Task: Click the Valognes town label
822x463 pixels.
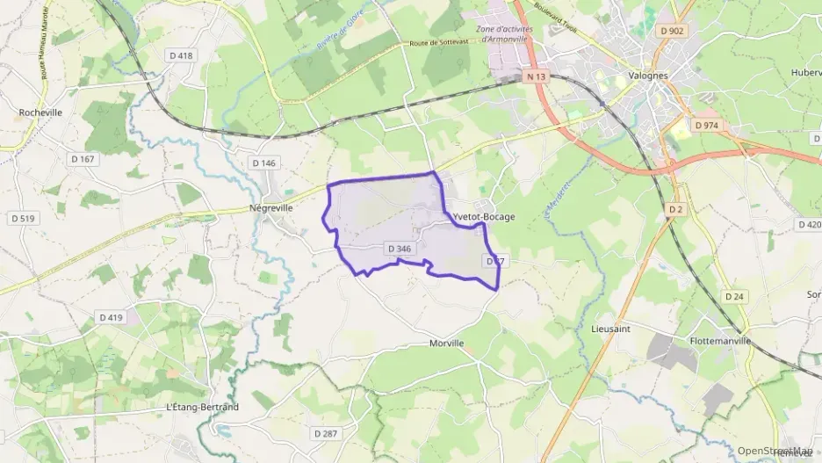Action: [649, 76]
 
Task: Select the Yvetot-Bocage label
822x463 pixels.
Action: [483, 217]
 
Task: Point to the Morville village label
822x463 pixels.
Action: [447, 344]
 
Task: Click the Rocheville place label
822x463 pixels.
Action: [40, 112]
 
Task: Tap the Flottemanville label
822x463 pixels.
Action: [721, 340]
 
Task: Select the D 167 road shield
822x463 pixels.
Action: [81, 159]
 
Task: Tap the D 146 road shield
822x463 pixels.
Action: [263, 163]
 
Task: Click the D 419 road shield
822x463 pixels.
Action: [111, 317]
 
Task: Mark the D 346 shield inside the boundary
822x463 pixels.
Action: [399, 250]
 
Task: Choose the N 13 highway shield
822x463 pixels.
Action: [537, 77]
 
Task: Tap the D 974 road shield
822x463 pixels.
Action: [706, 126]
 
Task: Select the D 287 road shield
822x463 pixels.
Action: [326, 434]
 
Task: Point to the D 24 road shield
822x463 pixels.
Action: [734, 297]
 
